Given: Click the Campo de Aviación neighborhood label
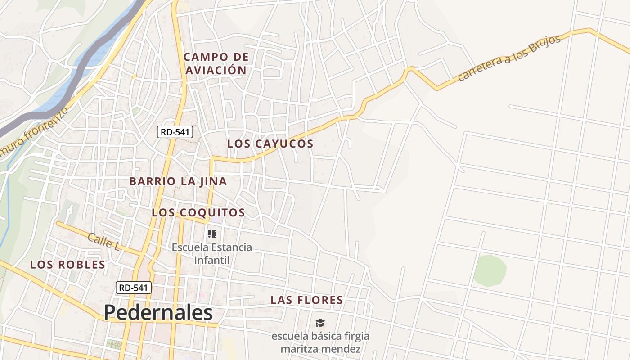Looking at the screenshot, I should [216, 63].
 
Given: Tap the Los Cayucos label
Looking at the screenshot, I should [270, 144].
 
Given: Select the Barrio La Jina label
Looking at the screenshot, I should [178, 181].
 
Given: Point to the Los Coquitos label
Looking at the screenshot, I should [198, 212].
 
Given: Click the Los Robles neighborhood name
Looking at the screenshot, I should [67, 265].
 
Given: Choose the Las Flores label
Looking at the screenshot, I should [306, 300].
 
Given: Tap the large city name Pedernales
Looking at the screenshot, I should [158, 313].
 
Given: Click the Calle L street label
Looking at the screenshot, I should [103, 242].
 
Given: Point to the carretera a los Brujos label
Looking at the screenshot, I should [509, 58].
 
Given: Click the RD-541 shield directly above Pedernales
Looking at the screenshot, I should [134, 288].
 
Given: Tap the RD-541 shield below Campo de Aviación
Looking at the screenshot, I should [175, 132].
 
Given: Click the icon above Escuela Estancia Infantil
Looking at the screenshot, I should [212, 234].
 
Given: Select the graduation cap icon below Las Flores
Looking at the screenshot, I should [320, 323].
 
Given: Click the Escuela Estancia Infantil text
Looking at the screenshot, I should [212, 253].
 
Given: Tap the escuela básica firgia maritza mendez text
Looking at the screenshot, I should [320, 342].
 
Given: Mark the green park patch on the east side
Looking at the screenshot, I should [490, 270].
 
